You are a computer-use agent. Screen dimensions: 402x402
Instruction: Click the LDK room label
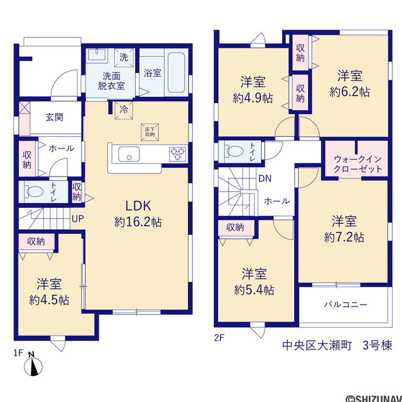(x=138, y=206)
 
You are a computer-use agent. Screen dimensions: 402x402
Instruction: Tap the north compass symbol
(x=33, y=364)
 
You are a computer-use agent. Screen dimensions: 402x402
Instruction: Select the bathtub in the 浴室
(x=176, y=72)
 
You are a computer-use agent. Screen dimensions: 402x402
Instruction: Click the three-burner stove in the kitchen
(x=178, y=154)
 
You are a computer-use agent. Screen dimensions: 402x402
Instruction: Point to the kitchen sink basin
(x=129, y=154)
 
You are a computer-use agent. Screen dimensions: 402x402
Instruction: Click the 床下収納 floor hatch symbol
(x=149, y=132)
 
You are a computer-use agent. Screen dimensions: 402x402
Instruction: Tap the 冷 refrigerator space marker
(x=124, y=111)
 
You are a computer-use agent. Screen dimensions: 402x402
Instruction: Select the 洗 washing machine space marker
(x=124, y=57)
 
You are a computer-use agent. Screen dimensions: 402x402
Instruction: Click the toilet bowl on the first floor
(x=34, y=192)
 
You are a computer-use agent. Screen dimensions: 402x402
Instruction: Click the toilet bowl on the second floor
(x=234, y=151)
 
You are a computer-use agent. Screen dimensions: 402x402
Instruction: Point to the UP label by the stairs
(x=78, y=219)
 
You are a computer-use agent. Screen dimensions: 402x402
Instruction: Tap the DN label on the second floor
(x=265, y=178)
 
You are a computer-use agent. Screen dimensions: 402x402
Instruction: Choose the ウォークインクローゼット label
(x=357, y=164)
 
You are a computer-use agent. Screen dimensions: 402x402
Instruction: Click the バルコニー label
(x=345, y=305)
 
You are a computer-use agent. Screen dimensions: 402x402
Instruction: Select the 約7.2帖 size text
(x=344, y=237)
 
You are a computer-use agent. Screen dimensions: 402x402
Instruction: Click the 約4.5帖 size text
(x=49, y=300)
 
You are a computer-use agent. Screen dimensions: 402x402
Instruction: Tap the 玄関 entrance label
(x=55, y=117)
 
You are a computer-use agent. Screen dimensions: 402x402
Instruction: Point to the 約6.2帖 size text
(x=350, y=92)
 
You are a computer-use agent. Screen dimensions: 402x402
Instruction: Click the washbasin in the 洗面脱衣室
(x=97, y=55)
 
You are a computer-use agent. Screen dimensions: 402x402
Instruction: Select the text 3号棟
(x=377, y=345)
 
